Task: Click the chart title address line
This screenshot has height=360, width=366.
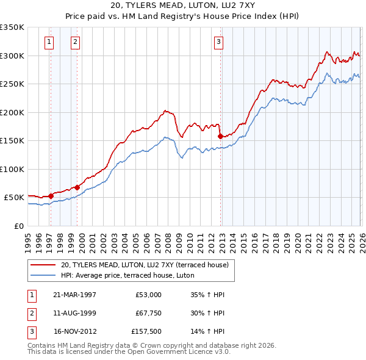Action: (183, 5)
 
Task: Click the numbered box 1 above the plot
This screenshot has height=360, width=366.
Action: (49, 42)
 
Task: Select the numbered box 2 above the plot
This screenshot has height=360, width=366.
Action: (74, 42)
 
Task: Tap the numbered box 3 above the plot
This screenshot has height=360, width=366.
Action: (218, 42)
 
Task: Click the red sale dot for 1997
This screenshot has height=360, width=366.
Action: (51, 196)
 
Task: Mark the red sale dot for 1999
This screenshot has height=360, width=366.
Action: (77, 187)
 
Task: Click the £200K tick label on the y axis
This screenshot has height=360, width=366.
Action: (12, 112)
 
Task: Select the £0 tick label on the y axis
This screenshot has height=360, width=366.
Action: (18, 226)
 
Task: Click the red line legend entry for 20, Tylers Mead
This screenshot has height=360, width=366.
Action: (144, 265)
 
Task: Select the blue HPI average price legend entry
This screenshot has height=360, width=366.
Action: (127, 275)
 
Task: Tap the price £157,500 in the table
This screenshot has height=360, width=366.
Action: (146, 333)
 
